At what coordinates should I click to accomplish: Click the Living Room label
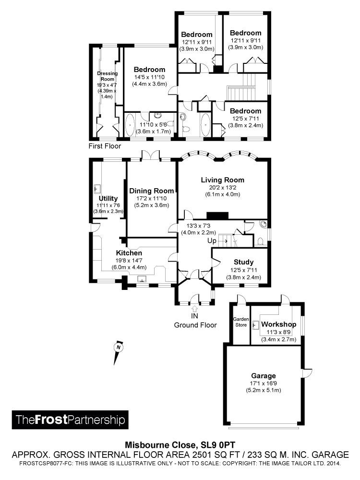[223, 180]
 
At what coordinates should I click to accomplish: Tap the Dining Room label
[152, 191]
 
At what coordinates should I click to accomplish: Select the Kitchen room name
[129, 253]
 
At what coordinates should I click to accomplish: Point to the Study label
[244, 262]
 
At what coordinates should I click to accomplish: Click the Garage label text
[264, 376]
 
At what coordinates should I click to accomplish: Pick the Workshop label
[278, 324]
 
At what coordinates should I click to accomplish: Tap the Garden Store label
[241, 322]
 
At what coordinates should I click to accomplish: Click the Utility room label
[108, 198]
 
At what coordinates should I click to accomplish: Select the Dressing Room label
[107, 76]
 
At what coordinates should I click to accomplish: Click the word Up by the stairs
[212, 241]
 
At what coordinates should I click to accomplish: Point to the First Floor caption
[105, 146]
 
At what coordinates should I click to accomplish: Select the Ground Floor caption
[195, 325]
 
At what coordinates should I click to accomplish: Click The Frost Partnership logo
[70, 420]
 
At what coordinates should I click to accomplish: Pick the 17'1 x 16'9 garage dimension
[264, 383]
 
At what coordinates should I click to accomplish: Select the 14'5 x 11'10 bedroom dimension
[149, 77]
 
